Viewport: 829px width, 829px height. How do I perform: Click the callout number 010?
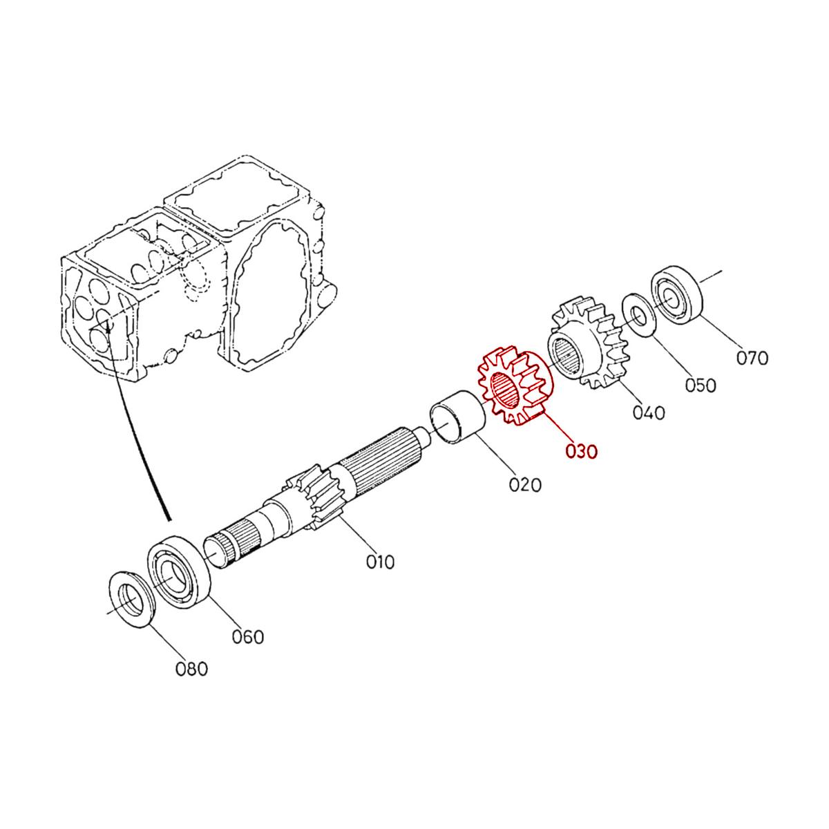pos(380,562)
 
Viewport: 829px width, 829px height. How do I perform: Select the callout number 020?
pos(525,484)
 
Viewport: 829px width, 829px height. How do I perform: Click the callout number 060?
pos(247,636)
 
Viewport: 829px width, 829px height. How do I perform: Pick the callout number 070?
pos(752,358)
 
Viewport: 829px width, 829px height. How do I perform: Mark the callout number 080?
pos(191,669)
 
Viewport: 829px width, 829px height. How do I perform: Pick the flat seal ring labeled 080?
pos(133,599)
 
